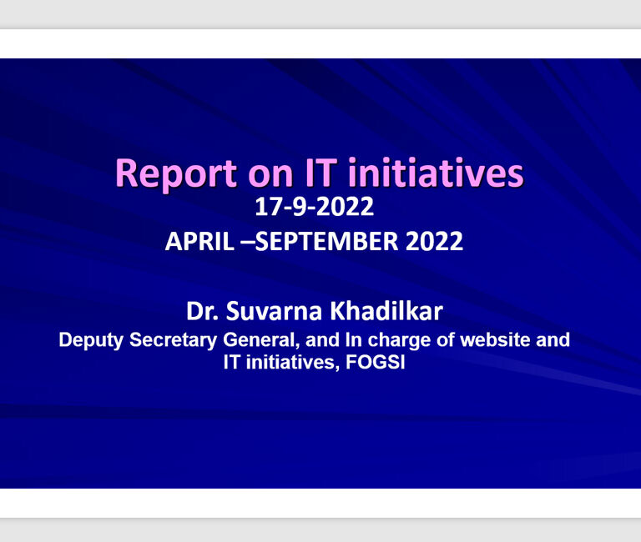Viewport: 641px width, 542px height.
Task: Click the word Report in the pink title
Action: [176, 174]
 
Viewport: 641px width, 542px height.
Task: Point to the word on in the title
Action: [270, 176]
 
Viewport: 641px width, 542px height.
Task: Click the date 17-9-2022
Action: [315, 206]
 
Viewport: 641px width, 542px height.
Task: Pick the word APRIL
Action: [200, 241]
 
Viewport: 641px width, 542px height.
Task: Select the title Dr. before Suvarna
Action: [202, 311]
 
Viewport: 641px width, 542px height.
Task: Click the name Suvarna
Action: [274, 311]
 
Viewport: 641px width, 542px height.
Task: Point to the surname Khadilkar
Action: [386, 311]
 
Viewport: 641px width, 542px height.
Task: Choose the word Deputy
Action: [91, 341]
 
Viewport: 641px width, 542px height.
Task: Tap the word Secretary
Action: [174, 341]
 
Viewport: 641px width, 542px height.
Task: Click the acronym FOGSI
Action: [376, 362]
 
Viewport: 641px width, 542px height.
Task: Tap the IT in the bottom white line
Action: [232, 362]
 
